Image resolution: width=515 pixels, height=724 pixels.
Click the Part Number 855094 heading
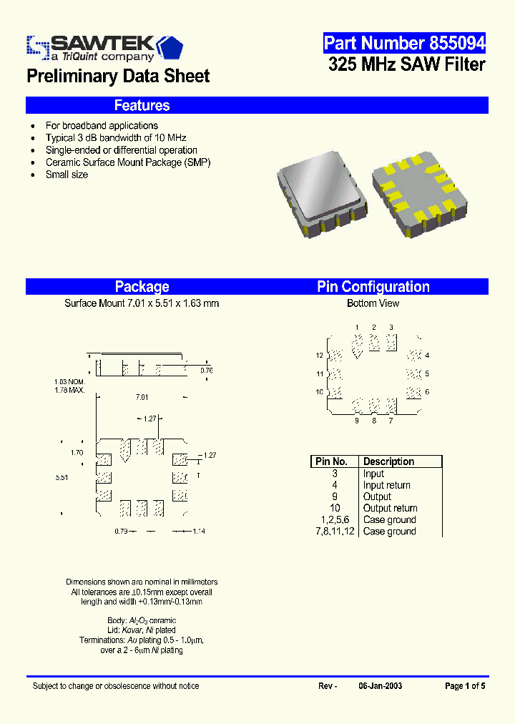pos(404,43)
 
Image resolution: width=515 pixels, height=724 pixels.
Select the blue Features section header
pos(142,106)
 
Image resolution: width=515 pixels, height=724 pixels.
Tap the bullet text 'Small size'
pos(67,175)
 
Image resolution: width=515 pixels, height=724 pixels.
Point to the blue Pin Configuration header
pos(373,287)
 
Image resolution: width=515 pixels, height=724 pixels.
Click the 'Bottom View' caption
pos(373,303)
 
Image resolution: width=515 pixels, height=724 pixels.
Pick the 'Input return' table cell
pos(386,485)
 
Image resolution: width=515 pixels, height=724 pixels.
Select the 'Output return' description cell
pos(390,508)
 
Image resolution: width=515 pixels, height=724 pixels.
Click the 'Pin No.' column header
pos(331,461)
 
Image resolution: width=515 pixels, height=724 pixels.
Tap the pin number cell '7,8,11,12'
pos(334,531)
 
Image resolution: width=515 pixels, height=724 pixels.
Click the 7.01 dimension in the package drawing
pos(141,397)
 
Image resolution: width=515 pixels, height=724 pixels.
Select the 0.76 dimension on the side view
pos(206,370)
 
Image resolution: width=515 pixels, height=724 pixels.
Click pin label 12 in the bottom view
pos(320,356)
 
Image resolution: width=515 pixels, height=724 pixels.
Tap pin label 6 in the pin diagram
pos(427,392)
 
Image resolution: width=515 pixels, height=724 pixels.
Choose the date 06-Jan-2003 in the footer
pos(380,686)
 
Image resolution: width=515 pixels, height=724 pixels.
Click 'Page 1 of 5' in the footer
pos(465,686)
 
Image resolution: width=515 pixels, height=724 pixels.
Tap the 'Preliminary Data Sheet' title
pos(118,77)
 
